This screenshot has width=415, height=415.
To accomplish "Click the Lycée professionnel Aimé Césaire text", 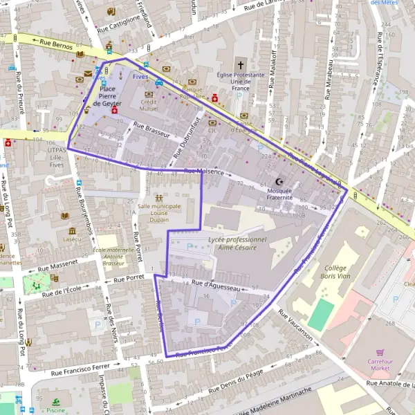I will (x=237, y=243).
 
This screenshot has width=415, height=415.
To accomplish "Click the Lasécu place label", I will (x=71, y=239).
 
